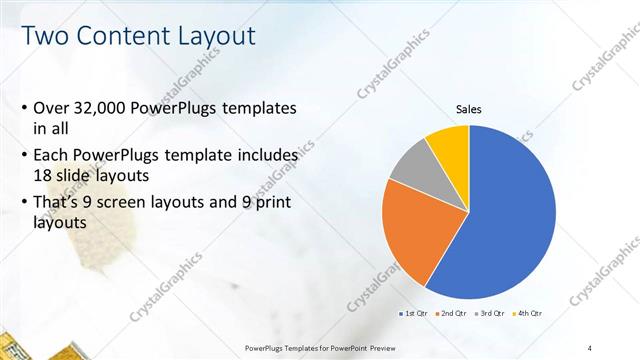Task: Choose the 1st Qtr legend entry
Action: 416,314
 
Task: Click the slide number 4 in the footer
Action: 590,347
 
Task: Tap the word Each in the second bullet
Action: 51,155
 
